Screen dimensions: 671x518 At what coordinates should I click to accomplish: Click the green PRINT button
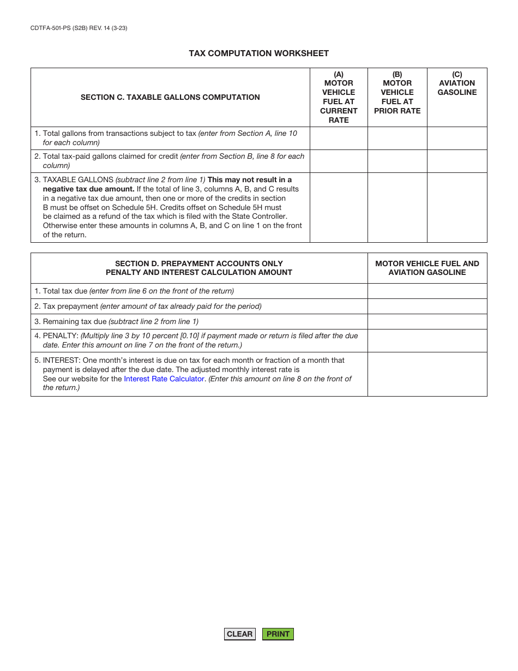tap(278, 634)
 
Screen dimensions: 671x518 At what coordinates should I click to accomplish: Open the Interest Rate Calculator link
tap(164, 379)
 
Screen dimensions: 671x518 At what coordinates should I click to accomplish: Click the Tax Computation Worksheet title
tap(258, 53)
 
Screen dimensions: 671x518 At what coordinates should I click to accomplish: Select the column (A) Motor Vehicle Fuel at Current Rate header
tap(339, 97)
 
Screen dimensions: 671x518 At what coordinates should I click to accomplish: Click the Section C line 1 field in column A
tap(339, 138)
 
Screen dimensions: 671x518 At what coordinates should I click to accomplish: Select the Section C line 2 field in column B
tap(397, 161)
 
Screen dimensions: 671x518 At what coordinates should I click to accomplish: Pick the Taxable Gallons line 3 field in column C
tap(457, 207)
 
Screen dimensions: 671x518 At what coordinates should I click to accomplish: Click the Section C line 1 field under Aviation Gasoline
tap(457, 138)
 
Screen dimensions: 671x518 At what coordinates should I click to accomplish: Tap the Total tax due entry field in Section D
tap(427, 291)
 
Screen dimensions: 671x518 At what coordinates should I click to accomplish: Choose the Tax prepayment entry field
tap(427, 306)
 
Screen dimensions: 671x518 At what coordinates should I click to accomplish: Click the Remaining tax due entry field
tap(427, 321)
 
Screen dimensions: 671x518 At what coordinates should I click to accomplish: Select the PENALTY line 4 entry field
tap(427, 340)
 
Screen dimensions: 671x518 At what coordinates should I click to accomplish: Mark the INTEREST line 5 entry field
tap(427, 374)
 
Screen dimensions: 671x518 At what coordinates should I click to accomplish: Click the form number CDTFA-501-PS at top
tap(79, 28)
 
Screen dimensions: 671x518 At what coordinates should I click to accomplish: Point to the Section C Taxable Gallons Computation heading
tap(170, 97)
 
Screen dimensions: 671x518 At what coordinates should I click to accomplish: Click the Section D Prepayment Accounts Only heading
tap(199, 268)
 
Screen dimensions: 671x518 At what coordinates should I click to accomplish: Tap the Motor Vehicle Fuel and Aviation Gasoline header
tap(427, 268)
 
